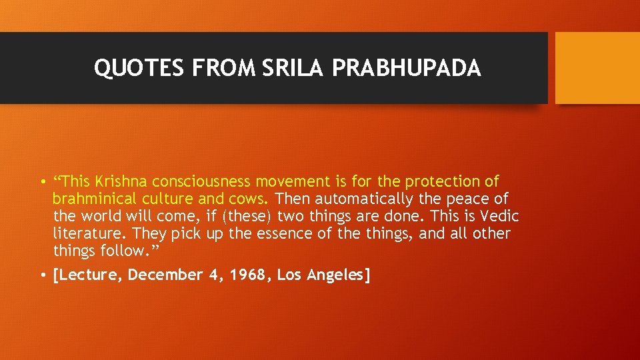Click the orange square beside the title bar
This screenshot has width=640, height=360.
coord(597,68)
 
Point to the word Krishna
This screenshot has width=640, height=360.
coord(122,181)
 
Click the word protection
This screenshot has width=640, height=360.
coord(442,181)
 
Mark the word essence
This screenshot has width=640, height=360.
coord(298,233)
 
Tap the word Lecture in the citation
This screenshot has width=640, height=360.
coord(87,275)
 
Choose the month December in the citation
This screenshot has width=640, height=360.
coord(163,275)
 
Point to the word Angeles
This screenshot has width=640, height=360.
coord(338,275)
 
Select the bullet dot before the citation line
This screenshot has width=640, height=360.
coord(42,275)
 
